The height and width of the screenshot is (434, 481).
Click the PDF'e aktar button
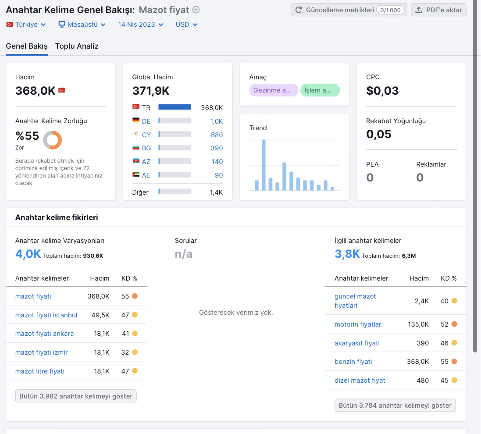tap(438, 10)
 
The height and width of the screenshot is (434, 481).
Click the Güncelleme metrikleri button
tap(349, 10)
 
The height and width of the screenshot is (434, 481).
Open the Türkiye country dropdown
tap(26, 25)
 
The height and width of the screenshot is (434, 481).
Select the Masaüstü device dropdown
tap(82, 25)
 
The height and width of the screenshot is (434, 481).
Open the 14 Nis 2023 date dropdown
tap(140, 25)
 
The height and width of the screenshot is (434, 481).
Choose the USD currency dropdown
tap(186, 25)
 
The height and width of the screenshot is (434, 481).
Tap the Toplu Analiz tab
tap(77, 46)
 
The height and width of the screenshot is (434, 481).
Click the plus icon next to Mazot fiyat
tap(196, 10)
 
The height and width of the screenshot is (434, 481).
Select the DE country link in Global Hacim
tap(146, 121)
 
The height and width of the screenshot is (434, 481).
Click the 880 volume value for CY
tap(217, 135)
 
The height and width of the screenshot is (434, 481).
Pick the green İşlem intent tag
tap(320, 90)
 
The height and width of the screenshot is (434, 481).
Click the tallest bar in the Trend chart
tap(264, 165)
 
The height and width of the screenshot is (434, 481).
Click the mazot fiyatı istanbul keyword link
tap(46, 315)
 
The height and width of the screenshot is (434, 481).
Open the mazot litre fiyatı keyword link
tap(40, 371)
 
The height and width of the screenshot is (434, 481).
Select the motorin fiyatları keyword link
tap(359, 324)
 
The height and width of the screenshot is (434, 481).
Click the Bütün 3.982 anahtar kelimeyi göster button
tap(76, 396)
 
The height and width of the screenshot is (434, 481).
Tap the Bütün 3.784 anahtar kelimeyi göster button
tap(395, 405)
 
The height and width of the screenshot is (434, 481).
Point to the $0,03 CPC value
tap(382, 91)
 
